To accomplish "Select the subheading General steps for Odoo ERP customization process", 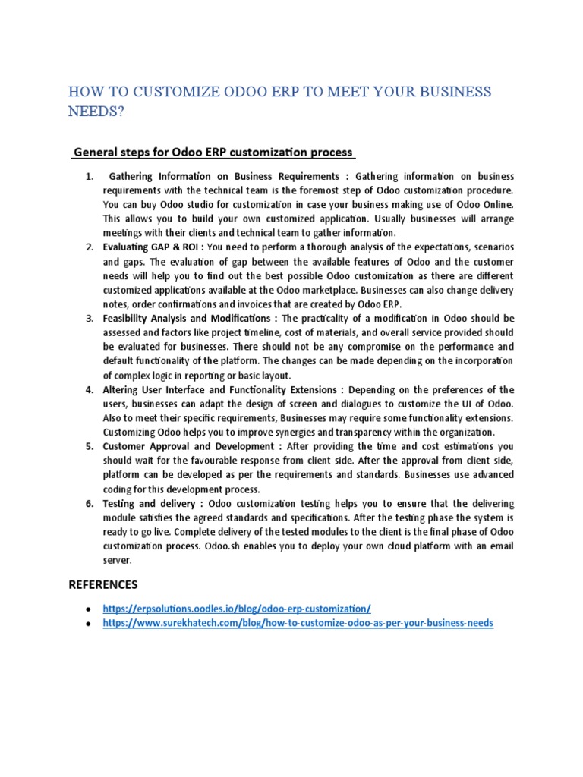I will (213, 153).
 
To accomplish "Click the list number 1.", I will (90, 177).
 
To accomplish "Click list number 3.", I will (90, 318).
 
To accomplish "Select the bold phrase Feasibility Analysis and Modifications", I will (187, 318).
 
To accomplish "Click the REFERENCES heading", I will (103, 584).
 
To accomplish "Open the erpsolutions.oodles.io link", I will (237, 609).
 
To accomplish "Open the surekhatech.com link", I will (298, 623).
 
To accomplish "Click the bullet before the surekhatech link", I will (90, 624).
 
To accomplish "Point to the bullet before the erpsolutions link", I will (90, 609).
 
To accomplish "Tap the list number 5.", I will (90, 446).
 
